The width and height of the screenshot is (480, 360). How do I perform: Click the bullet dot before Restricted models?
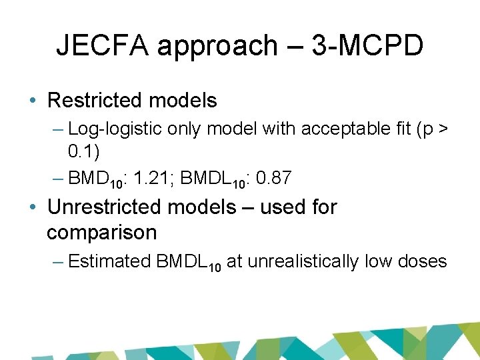pos(33,101)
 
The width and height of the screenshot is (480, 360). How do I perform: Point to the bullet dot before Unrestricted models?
pos(33,207)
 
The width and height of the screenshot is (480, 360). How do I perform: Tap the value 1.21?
pos(150,178)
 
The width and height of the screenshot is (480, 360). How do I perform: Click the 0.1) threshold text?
pos(83,152)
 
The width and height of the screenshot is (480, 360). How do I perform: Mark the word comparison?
pos(101,233)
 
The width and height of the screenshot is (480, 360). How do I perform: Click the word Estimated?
pos(109,261)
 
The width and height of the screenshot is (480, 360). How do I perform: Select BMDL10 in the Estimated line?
pos(188,262)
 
